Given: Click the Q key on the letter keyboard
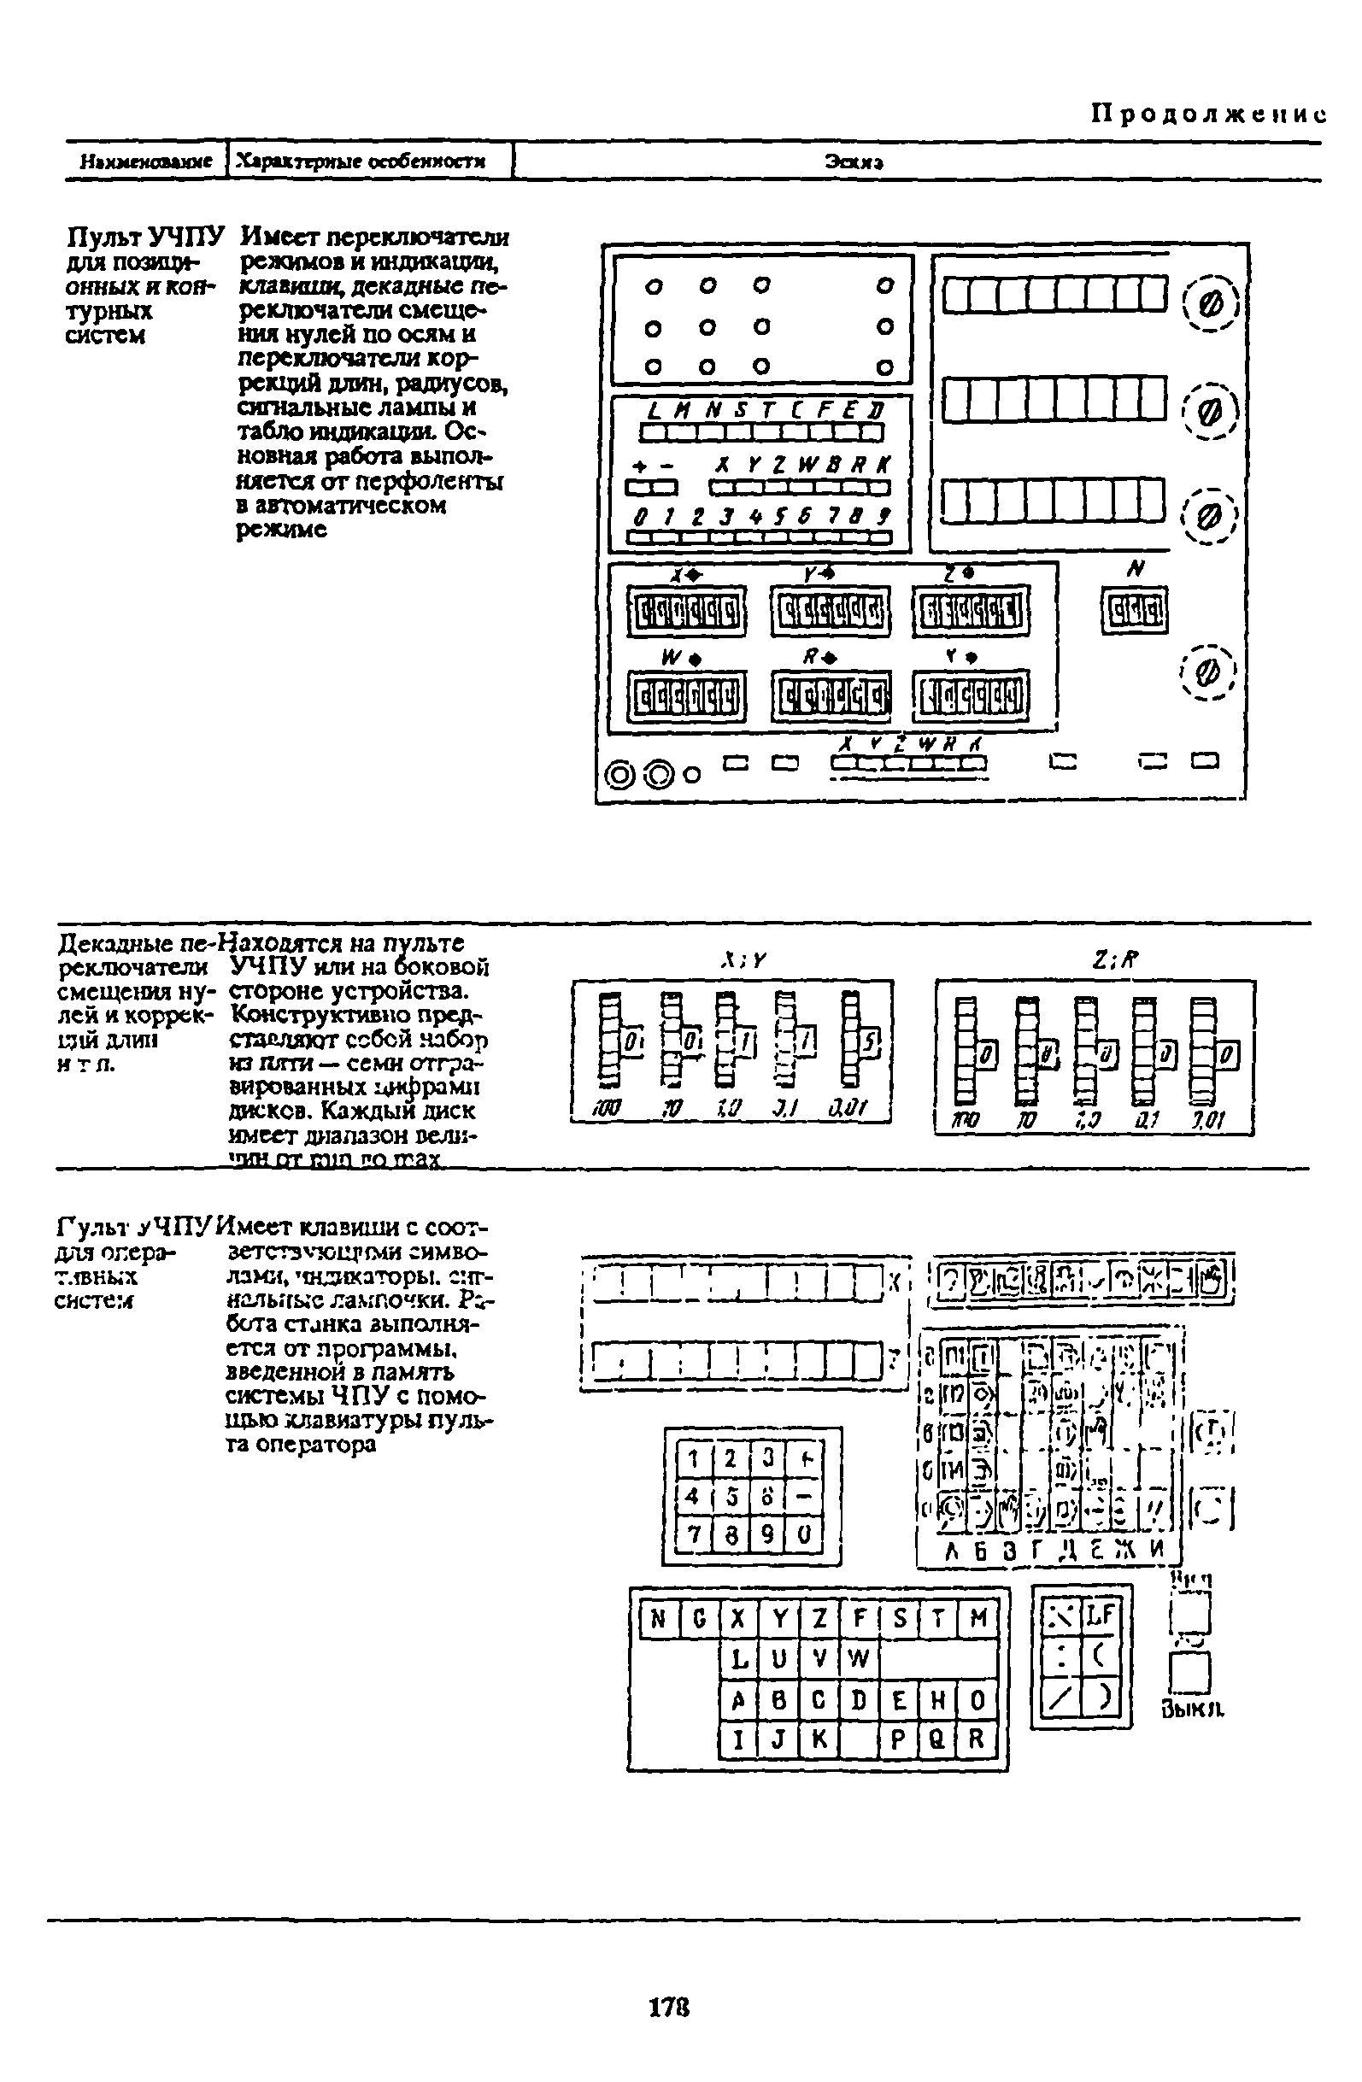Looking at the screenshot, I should pos(936,1740).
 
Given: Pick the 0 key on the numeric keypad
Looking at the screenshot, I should pos(806,1534).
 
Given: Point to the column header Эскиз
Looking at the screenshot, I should pos(853,161).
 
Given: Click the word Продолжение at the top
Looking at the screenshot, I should pos(1207,114).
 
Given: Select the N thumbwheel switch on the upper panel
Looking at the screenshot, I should pos(1135,610).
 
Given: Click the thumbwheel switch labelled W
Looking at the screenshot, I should pos(687,697).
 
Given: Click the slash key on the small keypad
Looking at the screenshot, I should pos(1061,1700).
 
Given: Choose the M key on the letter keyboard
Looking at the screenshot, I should pos(978,1619).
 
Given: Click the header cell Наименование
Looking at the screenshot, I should pos(146,161).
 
